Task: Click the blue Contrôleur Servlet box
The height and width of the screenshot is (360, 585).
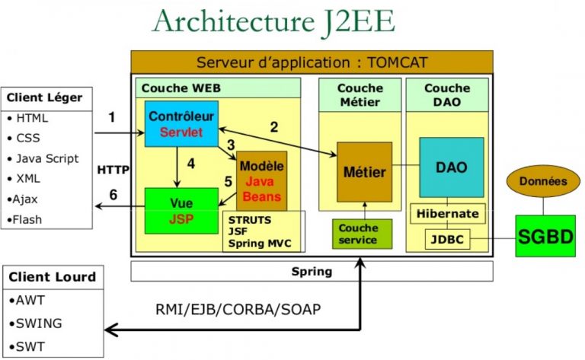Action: tap(181, 124)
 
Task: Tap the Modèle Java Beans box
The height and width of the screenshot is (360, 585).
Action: tap(262, 180)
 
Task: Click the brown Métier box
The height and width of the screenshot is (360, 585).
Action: tap(364, 172)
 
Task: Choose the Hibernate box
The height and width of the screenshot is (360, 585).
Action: tap(448, 214)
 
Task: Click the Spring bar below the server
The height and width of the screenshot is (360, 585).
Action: tap(312, 271)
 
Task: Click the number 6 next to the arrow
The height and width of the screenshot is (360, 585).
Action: tap(113, 195)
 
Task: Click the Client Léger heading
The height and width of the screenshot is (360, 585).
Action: tap(44, 97)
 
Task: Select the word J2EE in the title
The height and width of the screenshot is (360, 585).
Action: tap(354, 21)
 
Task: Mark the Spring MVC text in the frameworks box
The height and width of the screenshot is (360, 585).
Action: tap(257, 244)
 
